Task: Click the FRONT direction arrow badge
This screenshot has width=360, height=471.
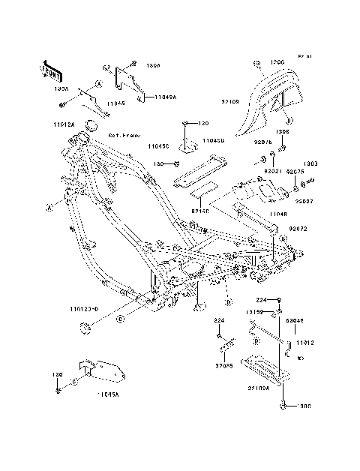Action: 51,70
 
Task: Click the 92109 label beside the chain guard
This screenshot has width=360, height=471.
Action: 231,99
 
